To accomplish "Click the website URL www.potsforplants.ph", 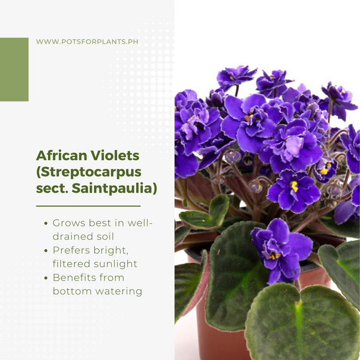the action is (87, 42).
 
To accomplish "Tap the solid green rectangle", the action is (14, 70).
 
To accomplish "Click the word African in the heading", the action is (62, 155).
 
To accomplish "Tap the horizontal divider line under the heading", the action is (88, 206).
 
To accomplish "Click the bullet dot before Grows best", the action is (46, 223).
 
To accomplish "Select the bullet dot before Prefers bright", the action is (46, 250).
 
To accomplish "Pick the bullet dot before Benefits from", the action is (46, 278).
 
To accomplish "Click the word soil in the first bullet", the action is (105, 236).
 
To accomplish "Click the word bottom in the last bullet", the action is (73, 291).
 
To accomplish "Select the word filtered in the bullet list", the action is (71, 263).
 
